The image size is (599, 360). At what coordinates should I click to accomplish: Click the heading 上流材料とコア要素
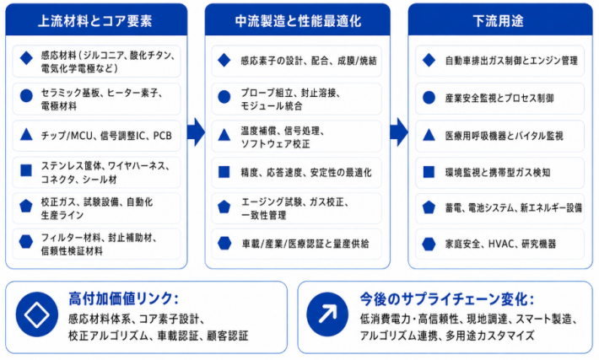[x=95, y=21]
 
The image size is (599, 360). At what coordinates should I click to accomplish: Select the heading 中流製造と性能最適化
[x=298, y=21]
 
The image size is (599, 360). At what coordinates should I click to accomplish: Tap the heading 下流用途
[x=498, y=21]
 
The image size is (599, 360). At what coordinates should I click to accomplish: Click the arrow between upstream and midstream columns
[x=196, y=132]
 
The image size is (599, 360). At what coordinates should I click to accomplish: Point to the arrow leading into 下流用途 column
[x=399, y=132]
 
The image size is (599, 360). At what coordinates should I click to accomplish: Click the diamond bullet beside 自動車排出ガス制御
[x=429, y=60]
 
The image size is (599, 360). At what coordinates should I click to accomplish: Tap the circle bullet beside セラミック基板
[x=26, y=96]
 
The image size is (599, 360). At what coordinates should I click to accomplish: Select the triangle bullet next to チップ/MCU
[x=26, y=134]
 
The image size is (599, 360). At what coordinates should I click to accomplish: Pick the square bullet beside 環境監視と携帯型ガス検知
[x=429, y=172]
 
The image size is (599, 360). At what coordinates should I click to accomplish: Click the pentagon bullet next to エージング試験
[x=224, y=207]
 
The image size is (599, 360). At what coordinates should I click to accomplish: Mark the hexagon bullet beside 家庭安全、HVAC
[x=429, y=244]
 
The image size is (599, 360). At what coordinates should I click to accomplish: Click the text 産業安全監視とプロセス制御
[x=499, y=98]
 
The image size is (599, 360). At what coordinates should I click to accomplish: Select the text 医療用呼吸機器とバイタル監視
[x=504, y=136]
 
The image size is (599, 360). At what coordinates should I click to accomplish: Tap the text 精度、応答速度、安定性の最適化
[x=306, y=173]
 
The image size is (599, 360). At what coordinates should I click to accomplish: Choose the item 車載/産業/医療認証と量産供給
[x=305, y=244]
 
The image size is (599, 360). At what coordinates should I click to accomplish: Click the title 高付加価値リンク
[x=123, y=298]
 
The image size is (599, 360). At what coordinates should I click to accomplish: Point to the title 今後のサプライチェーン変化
[x=446, y=299]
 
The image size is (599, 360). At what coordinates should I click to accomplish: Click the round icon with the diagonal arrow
[x=327, y=314]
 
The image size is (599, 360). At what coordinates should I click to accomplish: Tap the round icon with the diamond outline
[x=36, y=314]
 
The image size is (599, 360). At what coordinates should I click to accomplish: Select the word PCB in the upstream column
[x=162, y=136]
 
